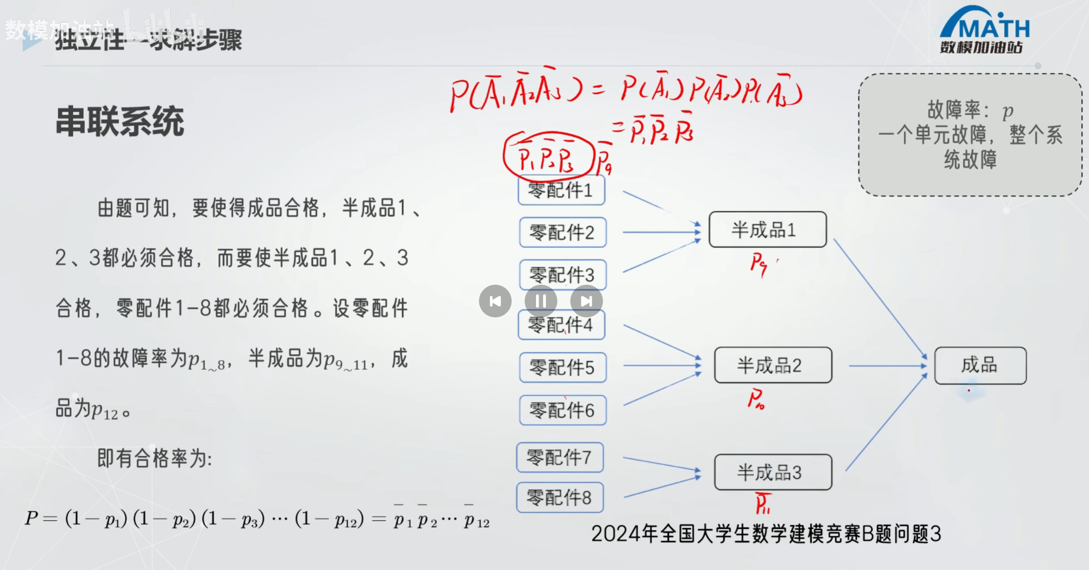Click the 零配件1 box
[561, 190]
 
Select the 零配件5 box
[563, 367]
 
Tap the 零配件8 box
[560, 497]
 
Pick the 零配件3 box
[563, 274]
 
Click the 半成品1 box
[767, 230]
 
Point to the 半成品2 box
[773, 365]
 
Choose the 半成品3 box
[773, 472]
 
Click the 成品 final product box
[980, 365]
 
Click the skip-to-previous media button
[495, 301]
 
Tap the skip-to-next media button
[586, 301]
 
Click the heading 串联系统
[120, 122]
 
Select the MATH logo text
[994, 29]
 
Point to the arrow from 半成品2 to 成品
[887, 366]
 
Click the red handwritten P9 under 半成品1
[759, 263]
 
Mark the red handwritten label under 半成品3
[763, 503]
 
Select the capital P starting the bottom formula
[31, 518]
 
